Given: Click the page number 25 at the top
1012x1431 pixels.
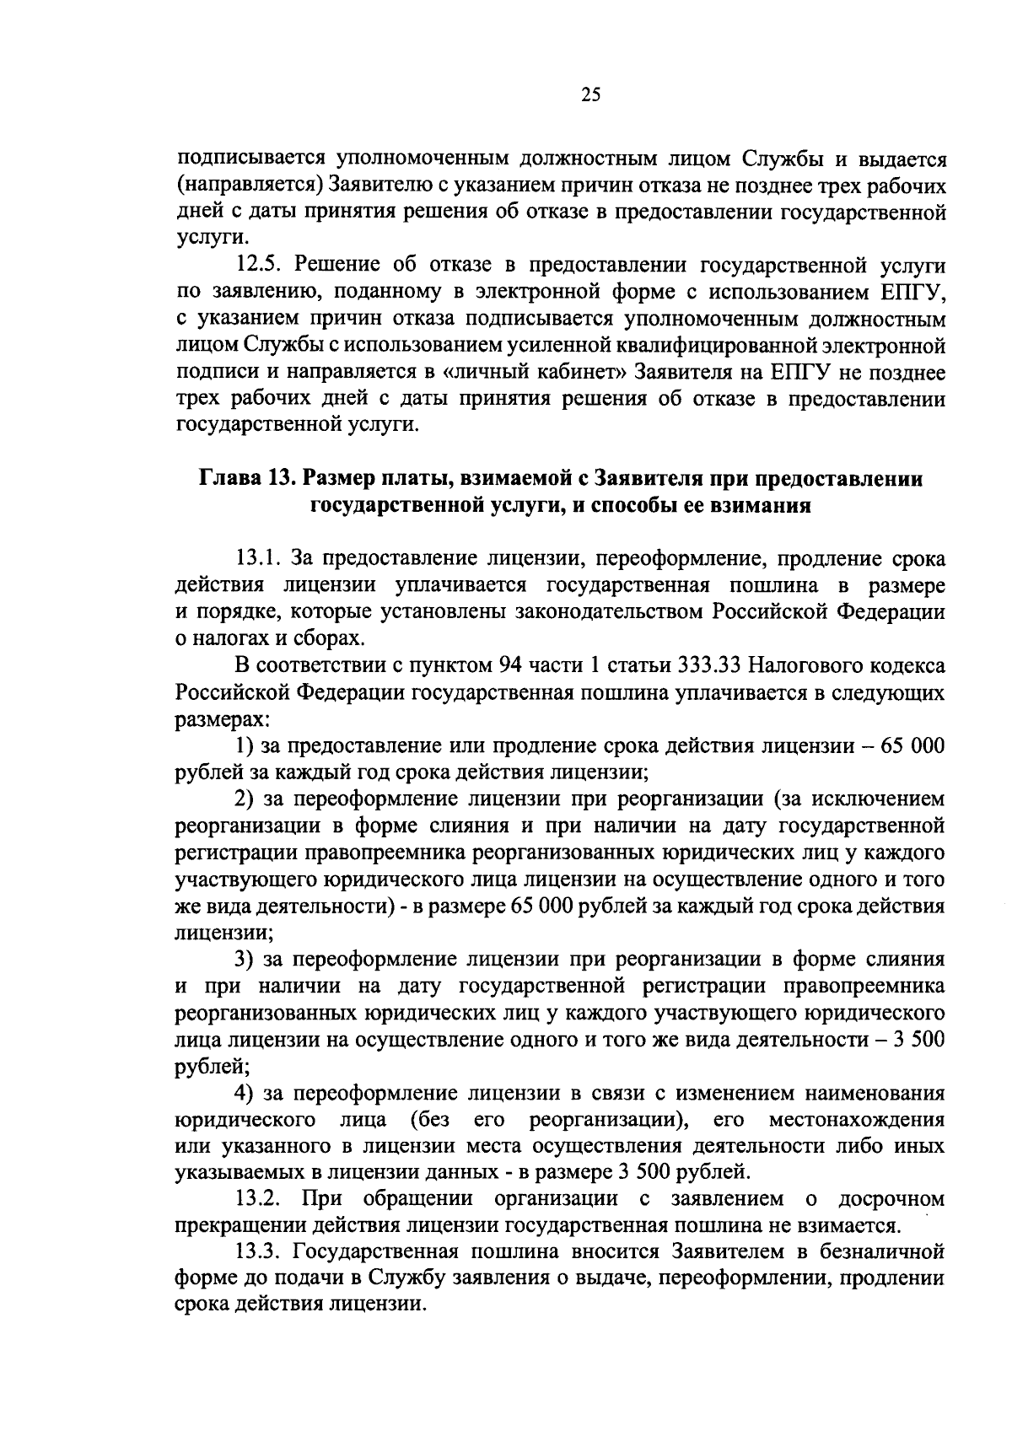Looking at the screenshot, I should pyautogui.click(x=589, y=95).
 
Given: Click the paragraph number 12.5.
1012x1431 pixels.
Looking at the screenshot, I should pyautogui.click(x=261, y=266).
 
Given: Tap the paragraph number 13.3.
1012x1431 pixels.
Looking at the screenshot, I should pyautogui.click(x=261, y=1251).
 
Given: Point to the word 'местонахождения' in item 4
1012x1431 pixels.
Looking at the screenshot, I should pyautogui.click(x=857, y=1121).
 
